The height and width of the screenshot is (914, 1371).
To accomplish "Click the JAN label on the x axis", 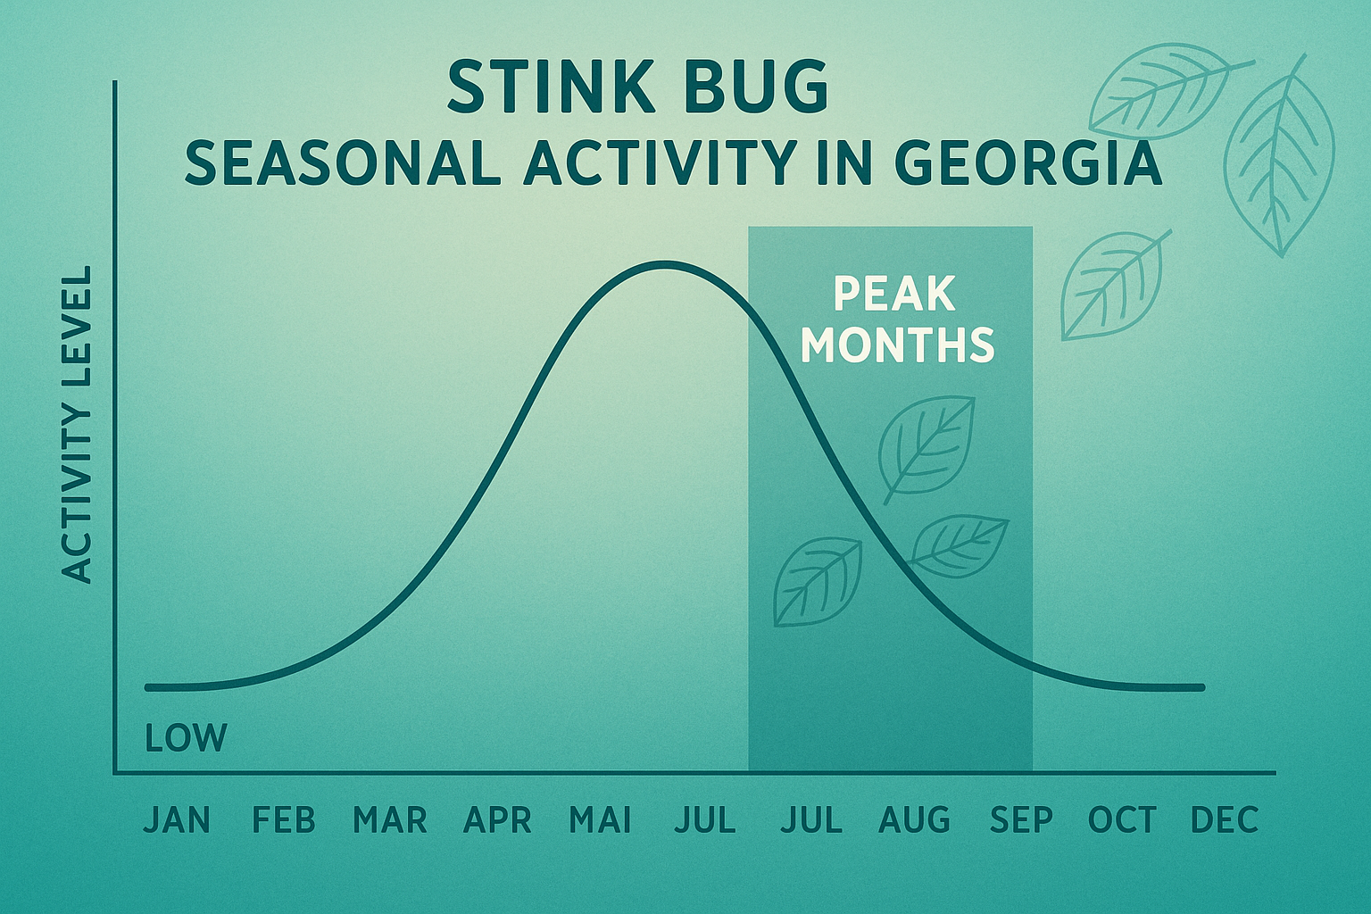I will [177, 819].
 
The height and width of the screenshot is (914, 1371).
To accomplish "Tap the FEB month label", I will [284, 819].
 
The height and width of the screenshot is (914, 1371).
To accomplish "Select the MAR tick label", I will [390, 819].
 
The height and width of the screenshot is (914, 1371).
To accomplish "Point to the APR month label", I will [497, 819].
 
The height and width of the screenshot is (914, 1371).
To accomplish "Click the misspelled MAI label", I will [601, 819].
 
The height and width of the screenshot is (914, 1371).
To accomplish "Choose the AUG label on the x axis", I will [915, 819].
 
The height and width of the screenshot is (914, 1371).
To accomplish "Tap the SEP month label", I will [1021, 819].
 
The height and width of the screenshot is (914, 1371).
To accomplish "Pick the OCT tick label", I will [1122, 819].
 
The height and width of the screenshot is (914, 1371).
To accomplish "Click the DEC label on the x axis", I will [1226, 819].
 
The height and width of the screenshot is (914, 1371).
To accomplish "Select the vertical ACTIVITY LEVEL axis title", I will [79, 425].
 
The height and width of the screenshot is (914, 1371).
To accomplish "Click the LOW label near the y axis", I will [186, 738].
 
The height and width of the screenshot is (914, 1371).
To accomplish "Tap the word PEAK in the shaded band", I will [894, 294].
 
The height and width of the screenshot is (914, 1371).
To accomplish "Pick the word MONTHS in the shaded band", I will [898, 345].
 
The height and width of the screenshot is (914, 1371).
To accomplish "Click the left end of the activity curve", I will [148, 687].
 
